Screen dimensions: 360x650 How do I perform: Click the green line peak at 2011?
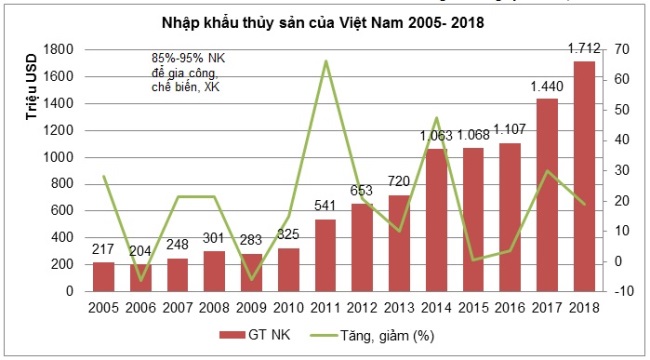325,61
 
